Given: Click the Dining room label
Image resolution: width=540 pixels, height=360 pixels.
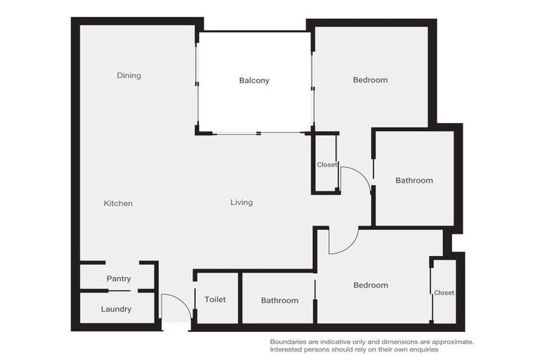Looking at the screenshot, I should pos(129,75).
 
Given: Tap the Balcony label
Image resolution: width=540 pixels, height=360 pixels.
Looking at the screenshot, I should pos(254,80).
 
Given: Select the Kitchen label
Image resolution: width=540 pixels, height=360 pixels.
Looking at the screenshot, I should pos(118,203).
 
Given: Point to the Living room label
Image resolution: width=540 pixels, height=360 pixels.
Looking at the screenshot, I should pos(241,202).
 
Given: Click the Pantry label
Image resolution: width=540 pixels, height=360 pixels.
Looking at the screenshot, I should pos(119,279).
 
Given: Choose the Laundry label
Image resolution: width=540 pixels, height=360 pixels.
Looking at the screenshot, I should pos(116,309).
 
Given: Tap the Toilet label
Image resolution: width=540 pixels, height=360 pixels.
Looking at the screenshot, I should pos(215,300).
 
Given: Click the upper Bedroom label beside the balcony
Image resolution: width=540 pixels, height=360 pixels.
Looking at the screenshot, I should pos(370,79).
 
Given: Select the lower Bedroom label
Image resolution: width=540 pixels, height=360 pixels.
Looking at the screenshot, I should pos(371,285).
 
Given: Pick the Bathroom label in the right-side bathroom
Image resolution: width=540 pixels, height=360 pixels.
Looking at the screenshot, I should pos(414,180).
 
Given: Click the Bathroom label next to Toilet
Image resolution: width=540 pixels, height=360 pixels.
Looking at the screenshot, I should pos(279,300).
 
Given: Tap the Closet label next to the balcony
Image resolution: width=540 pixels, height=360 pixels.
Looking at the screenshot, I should pos(327,165).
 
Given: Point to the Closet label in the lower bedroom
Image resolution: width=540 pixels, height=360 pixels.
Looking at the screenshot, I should pos(444,292).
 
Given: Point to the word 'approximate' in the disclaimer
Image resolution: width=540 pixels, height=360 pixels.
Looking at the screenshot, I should pos(452,342).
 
